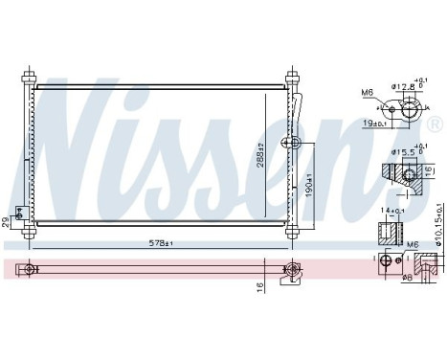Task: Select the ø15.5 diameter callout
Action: (405, 151)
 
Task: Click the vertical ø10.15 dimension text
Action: (438, 225)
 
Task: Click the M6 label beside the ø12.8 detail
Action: (368, 92)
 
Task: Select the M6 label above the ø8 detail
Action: (413, 244)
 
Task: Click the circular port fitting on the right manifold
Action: (296, 145)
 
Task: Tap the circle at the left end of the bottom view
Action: (32, 270)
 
